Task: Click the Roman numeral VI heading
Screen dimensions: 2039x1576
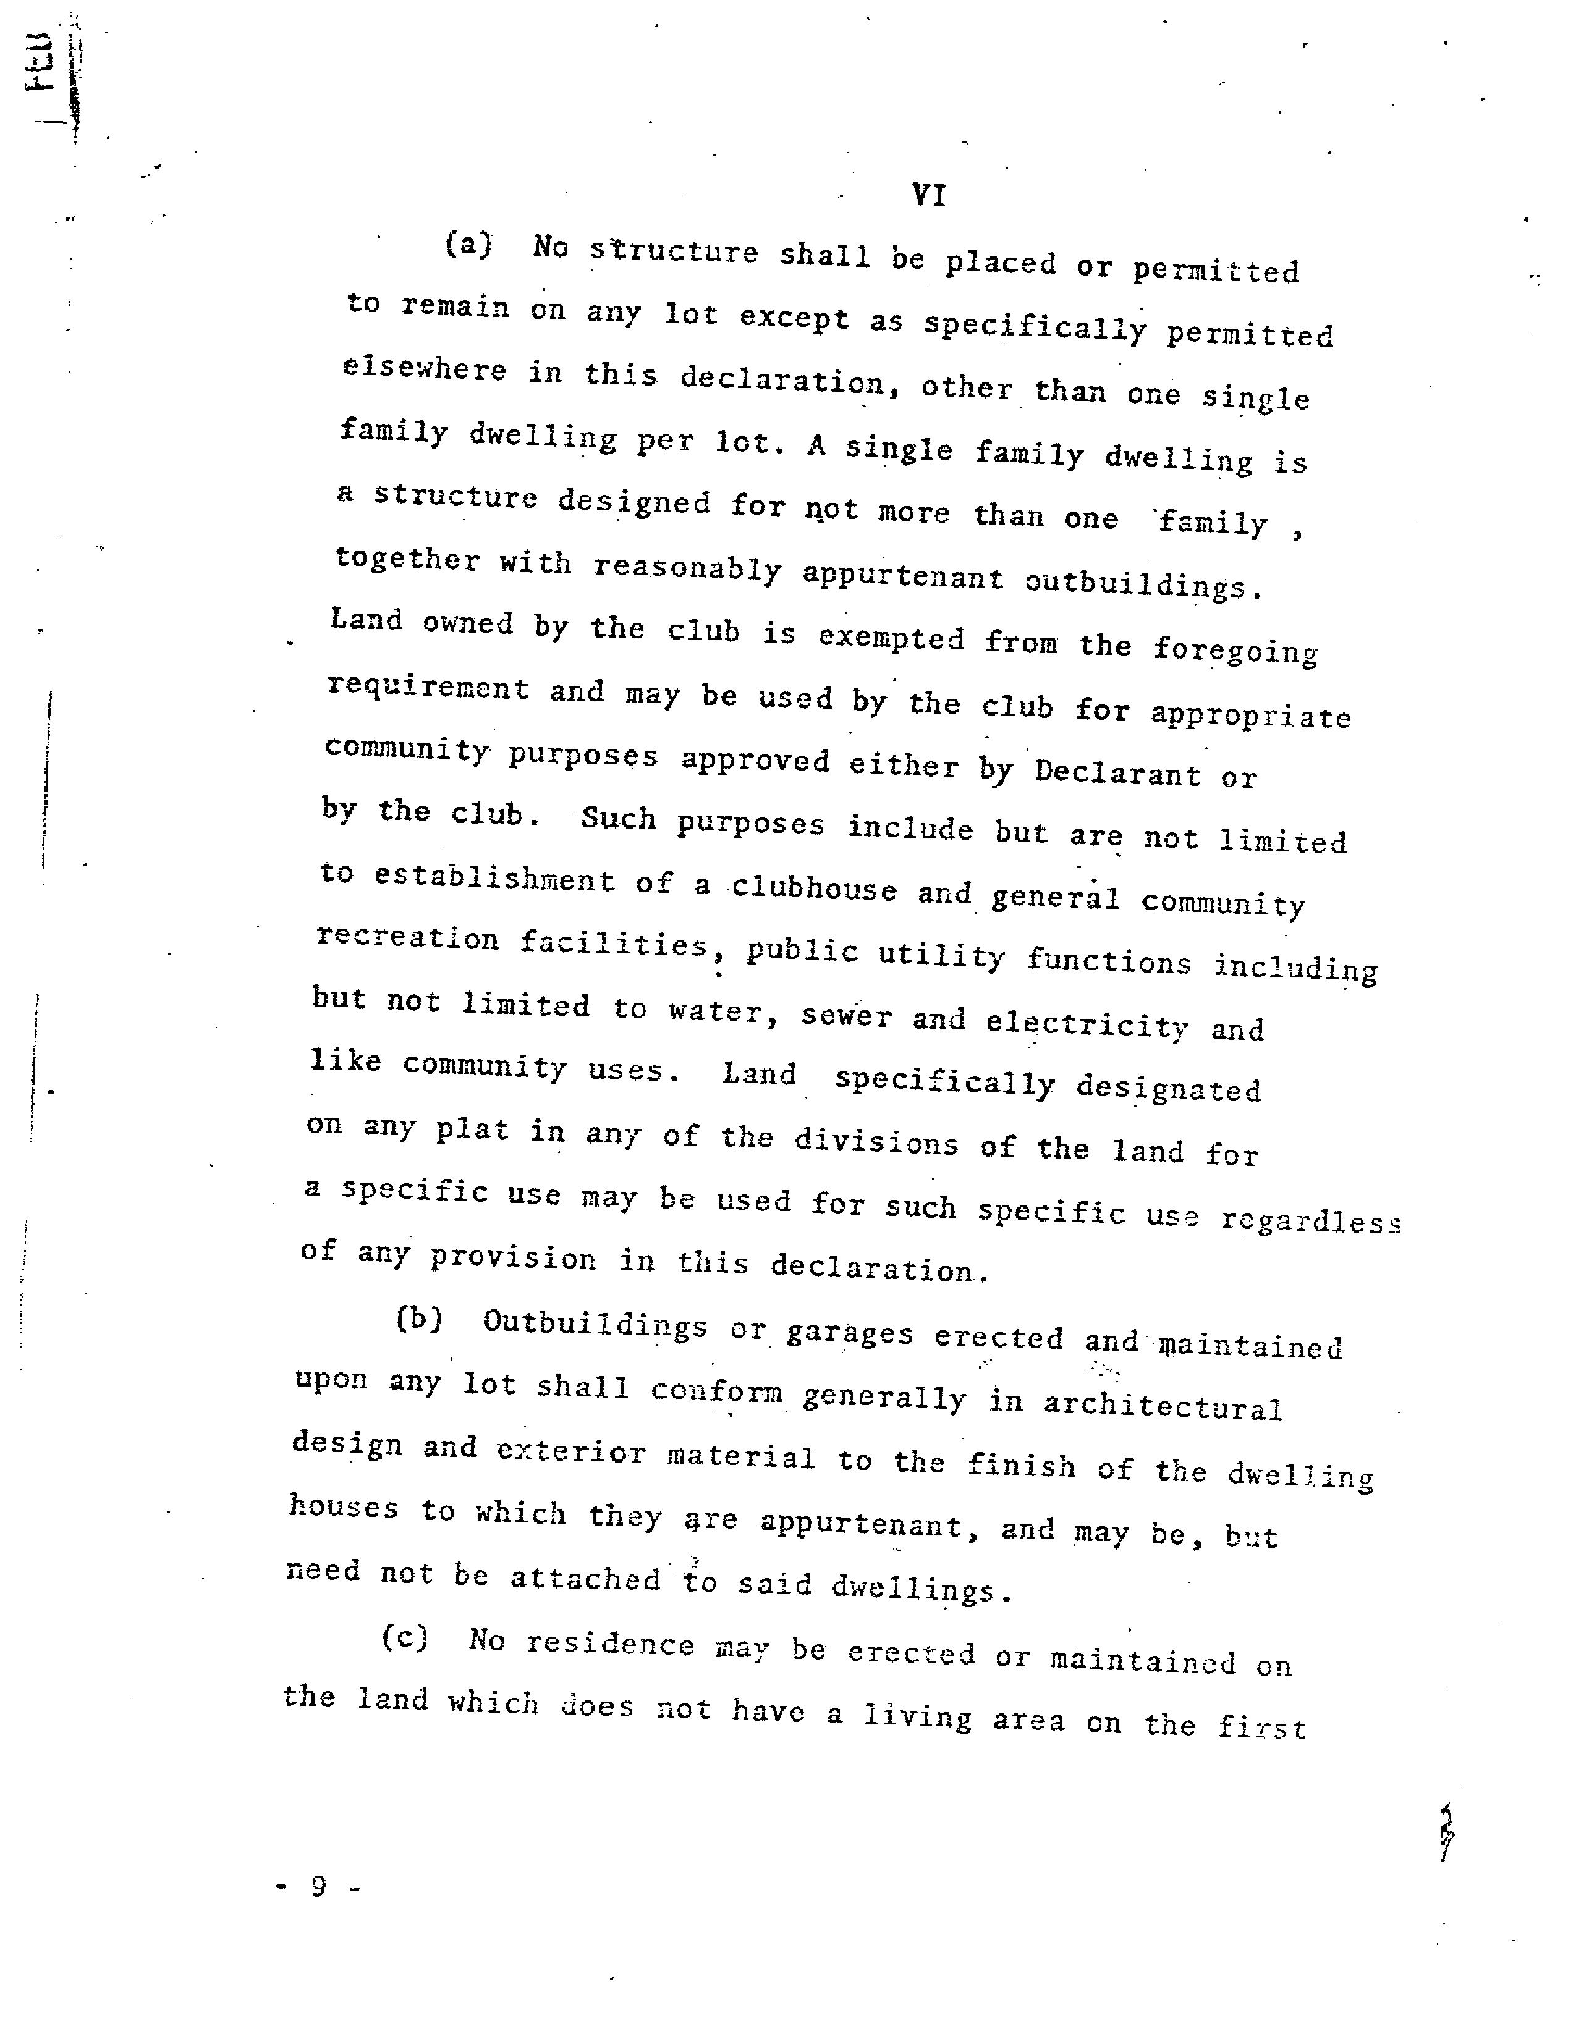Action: [928, 195]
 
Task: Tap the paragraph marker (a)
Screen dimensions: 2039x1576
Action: [468, 245]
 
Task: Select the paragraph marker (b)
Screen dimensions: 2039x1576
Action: [418, 1319]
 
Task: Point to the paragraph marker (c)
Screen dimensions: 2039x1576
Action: [404, 1637]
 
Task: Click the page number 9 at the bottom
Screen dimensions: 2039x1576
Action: [318, 1887]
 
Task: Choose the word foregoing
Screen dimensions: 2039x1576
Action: [1234, 650]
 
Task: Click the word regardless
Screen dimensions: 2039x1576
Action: [1311, 1221]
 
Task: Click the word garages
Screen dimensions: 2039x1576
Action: [850, 1333]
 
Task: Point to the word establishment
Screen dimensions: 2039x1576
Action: [494, 879]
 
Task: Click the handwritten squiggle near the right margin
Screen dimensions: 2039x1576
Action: [1446, 1832]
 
